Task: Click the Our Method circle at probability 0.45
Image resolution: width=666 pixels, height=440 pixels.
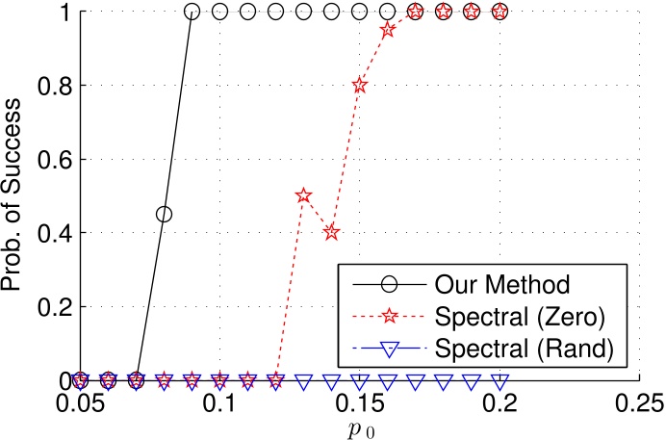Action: [x=164, y=214]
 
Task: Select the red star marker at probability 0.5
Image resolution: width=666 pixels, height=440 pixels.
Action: [x=304, y=195]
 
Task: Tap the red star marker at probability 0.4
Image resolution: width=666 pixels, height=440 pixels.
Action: [x=332, y=232]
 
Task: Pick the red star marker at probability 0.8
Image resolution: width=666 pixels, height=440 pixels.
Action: [x=360, y=85]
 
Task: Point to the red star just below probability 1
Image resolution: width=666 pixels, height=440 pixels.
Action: [x=388, y=30]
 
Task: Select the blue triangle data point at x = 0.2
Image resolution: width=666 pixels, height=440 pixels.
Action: [x=499, y=381]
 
